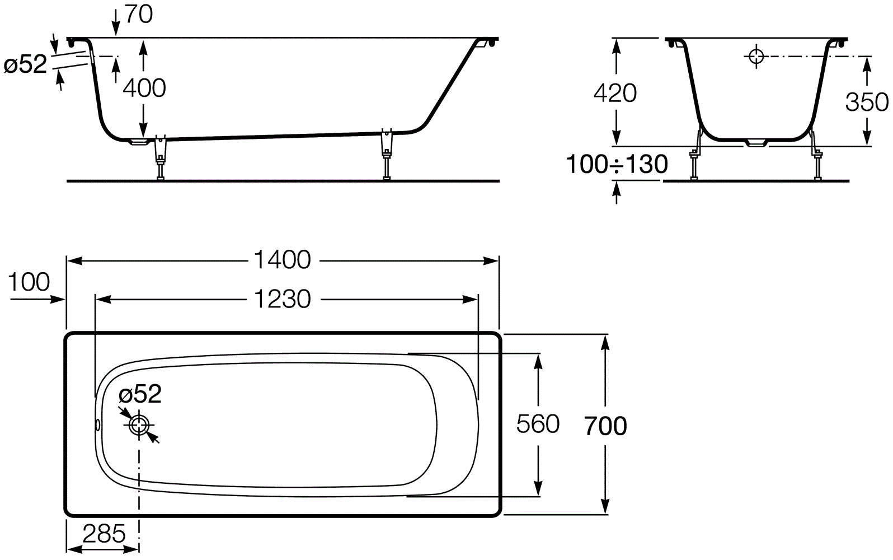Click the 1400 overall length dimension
tap(282, 260)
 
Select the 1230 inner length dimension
tap(282, 300)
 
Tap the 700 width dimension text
tap(605, 426)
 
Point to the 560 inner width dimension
tap(537, 424)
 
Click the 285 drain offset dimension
tap(104, 534)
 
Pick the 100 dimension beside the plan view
tap(29, 282)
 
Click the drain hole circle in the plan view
tap(139, 426)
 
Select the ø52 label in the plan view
tap(140, 395)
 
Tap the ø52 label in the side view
tap(25, 65)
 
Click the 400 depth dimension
tap(144, 88)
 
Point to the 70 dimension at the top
tap(138, 15)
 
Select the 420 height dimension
tap(614, 93)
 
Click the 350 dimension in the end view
tap(866, 102)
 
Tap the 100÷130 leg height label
tap(617, 165)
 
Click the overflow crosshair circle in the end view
tap(756, 56)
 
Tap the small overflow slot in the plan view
tap(98, 425)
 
